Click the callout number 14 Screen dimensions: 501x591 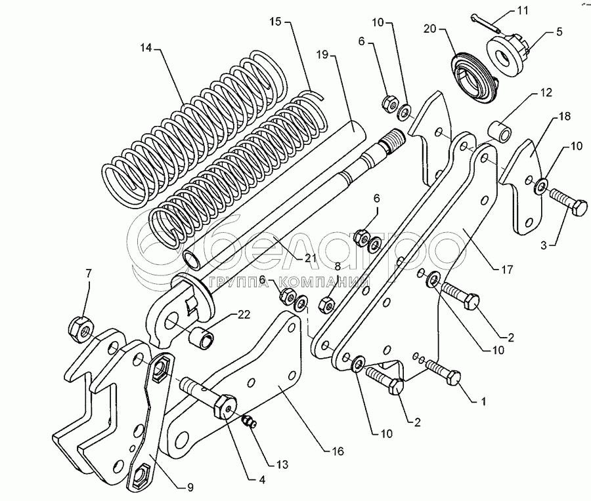click(146, 49)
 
